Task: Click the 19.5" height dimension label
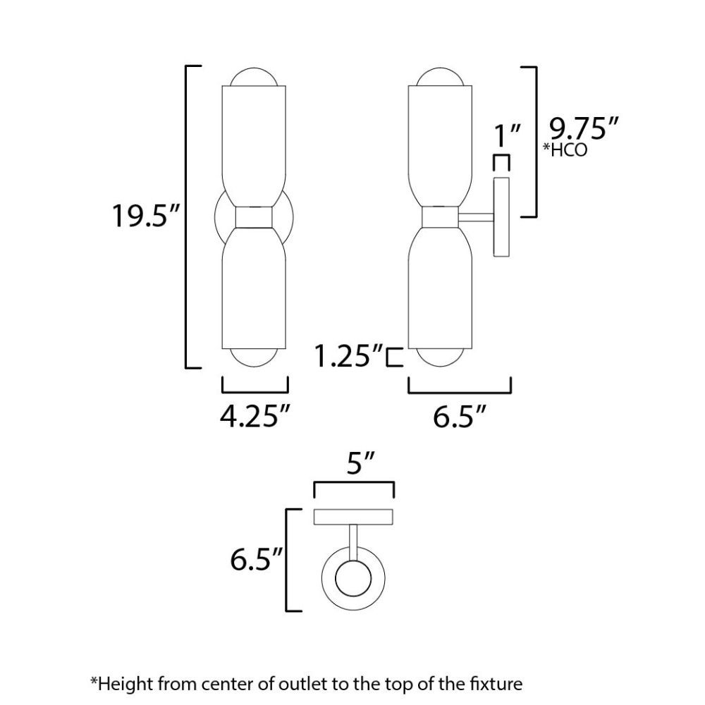point(146,216)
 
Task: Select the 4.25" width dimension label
point(255,417)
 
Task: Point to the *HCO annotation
point(565,149)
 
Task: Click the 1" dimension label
point(507,135)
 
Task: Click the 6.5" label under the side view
point(460,417)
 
